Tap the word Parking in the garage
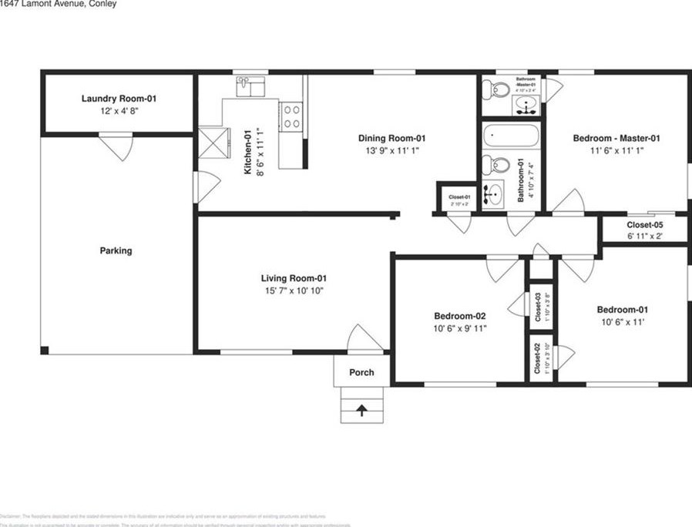[x=116, y=250]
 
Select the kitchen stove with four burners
[x=291, y=117]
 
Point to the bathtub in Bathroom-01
[x=512, y=139]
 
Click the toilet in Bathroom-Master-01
[x=494, y=91]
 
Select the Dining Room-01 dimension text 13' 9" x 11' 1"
[x=391, y=151]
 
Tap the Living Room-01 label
[x=294, y=278]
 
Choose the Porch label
[x=361, y=372]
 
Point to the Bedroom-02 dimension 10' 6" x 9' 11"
[x=460, y=328]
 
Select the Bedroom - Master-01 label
[x=616, y=139]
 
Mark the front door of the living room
[x=364, y=339]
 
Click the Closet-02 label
[x=537, y=359]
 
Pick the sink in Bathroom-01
[x=494, y=194]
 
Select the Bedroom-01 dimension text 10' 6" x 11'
[x=623, y=322]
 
